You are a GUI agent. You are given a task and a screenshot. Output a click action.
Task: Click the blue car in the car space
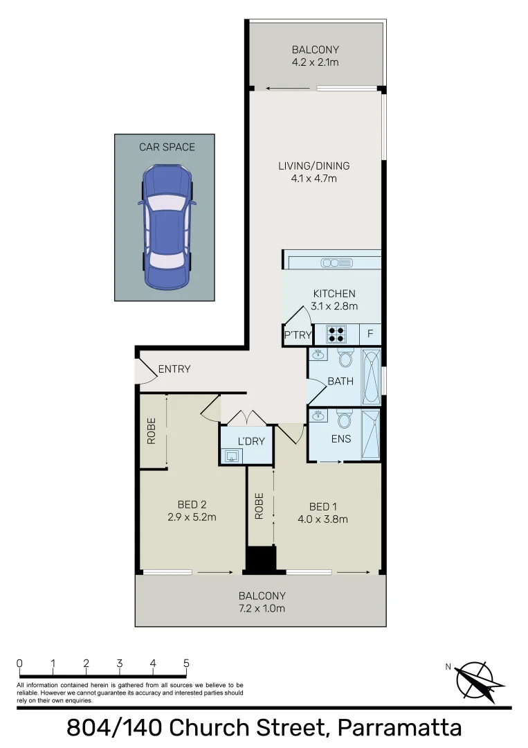click(166, 226)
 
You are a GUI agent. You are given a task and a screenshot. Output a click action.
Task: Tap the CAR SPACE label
click(167, 147)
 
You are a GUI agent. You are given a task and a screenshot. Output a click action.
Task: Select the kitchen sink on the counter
click(335, 262)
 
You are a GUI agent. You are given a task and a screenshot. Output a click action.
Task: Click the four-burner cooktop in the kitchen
click(337, 335)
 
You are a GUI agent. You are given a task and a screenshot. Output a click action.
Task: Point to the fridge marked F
click(370, 335)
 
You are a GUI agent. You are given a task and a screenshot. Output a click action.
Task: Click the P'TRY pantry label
click(298, 335)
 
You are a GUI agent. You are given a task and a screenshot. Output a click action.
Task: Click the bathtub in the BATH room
click(372, 377)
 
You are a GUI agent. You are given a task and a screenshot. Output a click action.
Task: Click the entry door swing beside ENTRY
click(145, 374)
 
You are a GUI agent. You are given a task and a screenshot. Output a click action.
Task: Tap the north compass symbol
click(475, 679)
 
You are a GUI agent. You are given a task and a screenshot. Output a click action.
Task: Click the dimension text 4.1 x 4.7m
click(313, 179)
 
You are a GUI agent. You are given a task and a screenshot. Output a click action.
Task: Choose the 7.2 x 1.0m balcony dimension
click(262, 609)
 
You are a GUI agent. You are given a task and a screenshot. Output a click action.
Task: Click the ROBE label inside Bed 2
click(151, 430)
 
